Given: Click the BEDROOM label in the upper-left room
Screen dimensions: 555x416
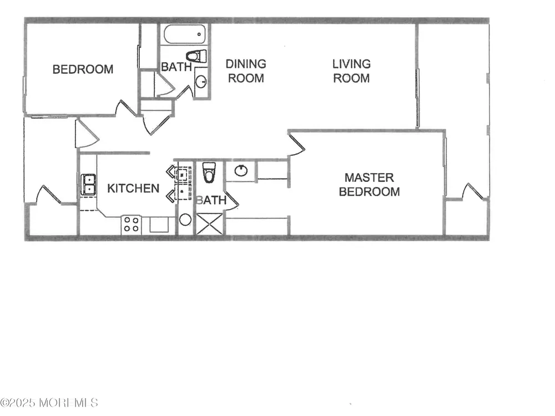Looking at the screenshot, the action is pyautogui.click(x=83, y=69).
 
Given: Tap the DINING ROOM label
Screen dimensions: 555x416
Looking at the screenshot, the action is pyautogui.click(x=246, y=71).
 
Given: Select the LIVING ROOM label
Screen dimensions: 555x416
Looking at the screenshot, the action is pyautogui.click(x=351, y=71).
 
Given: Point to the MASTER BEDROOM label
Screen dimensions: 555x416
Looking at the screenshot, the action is pyautogui.click(x=369, y=184).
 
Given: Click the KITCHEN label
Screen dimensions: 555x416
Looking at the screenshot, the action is pyautogui.click(x=133, y=188).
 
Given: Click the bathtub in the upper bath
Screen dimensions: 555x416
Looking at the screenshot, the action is pyautogui.click(x=184, y=34).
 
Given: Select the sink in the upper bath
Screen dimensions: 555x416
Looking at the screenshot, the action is pyautogui.click(x=201, y=82).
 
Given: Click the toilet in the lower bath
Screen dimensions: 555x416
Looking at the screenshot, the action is pyautogui.click(x=209, y=173).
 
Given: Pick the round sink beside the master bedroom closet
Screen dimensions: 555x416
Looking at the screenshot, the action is pyautogui.click(x=241, y=170).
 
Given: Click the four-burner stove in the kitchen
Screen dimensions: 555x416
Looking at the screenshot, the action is pyautogui.click(x=132, y=225).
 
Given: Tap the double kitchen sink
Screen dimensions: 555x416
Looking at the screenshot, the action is pyautogui.click(x=88, y=184).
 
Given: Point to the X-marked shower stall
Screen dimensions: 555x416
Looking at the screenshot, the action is pyautogui.click(x=210, y=224).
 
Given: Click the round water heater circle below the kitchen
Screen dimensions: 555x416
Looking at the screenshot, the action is pyautogui.click(x=185, y=220).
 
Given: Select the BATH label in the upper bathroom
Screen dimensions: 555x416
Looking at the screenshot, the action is pyautogui.click(x=176, y=67).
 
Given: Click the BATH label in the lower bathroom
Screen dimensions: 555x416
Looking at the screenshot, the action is pyautogui.click(x=211, y=200).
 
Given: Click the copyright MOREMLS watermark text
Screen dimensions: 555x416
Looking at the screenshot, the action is pyautogui.click(x=49, y=403).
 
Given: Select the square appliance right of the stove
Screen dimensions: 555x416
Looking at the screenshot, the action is pyautogui.click(x=159, y=225).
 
